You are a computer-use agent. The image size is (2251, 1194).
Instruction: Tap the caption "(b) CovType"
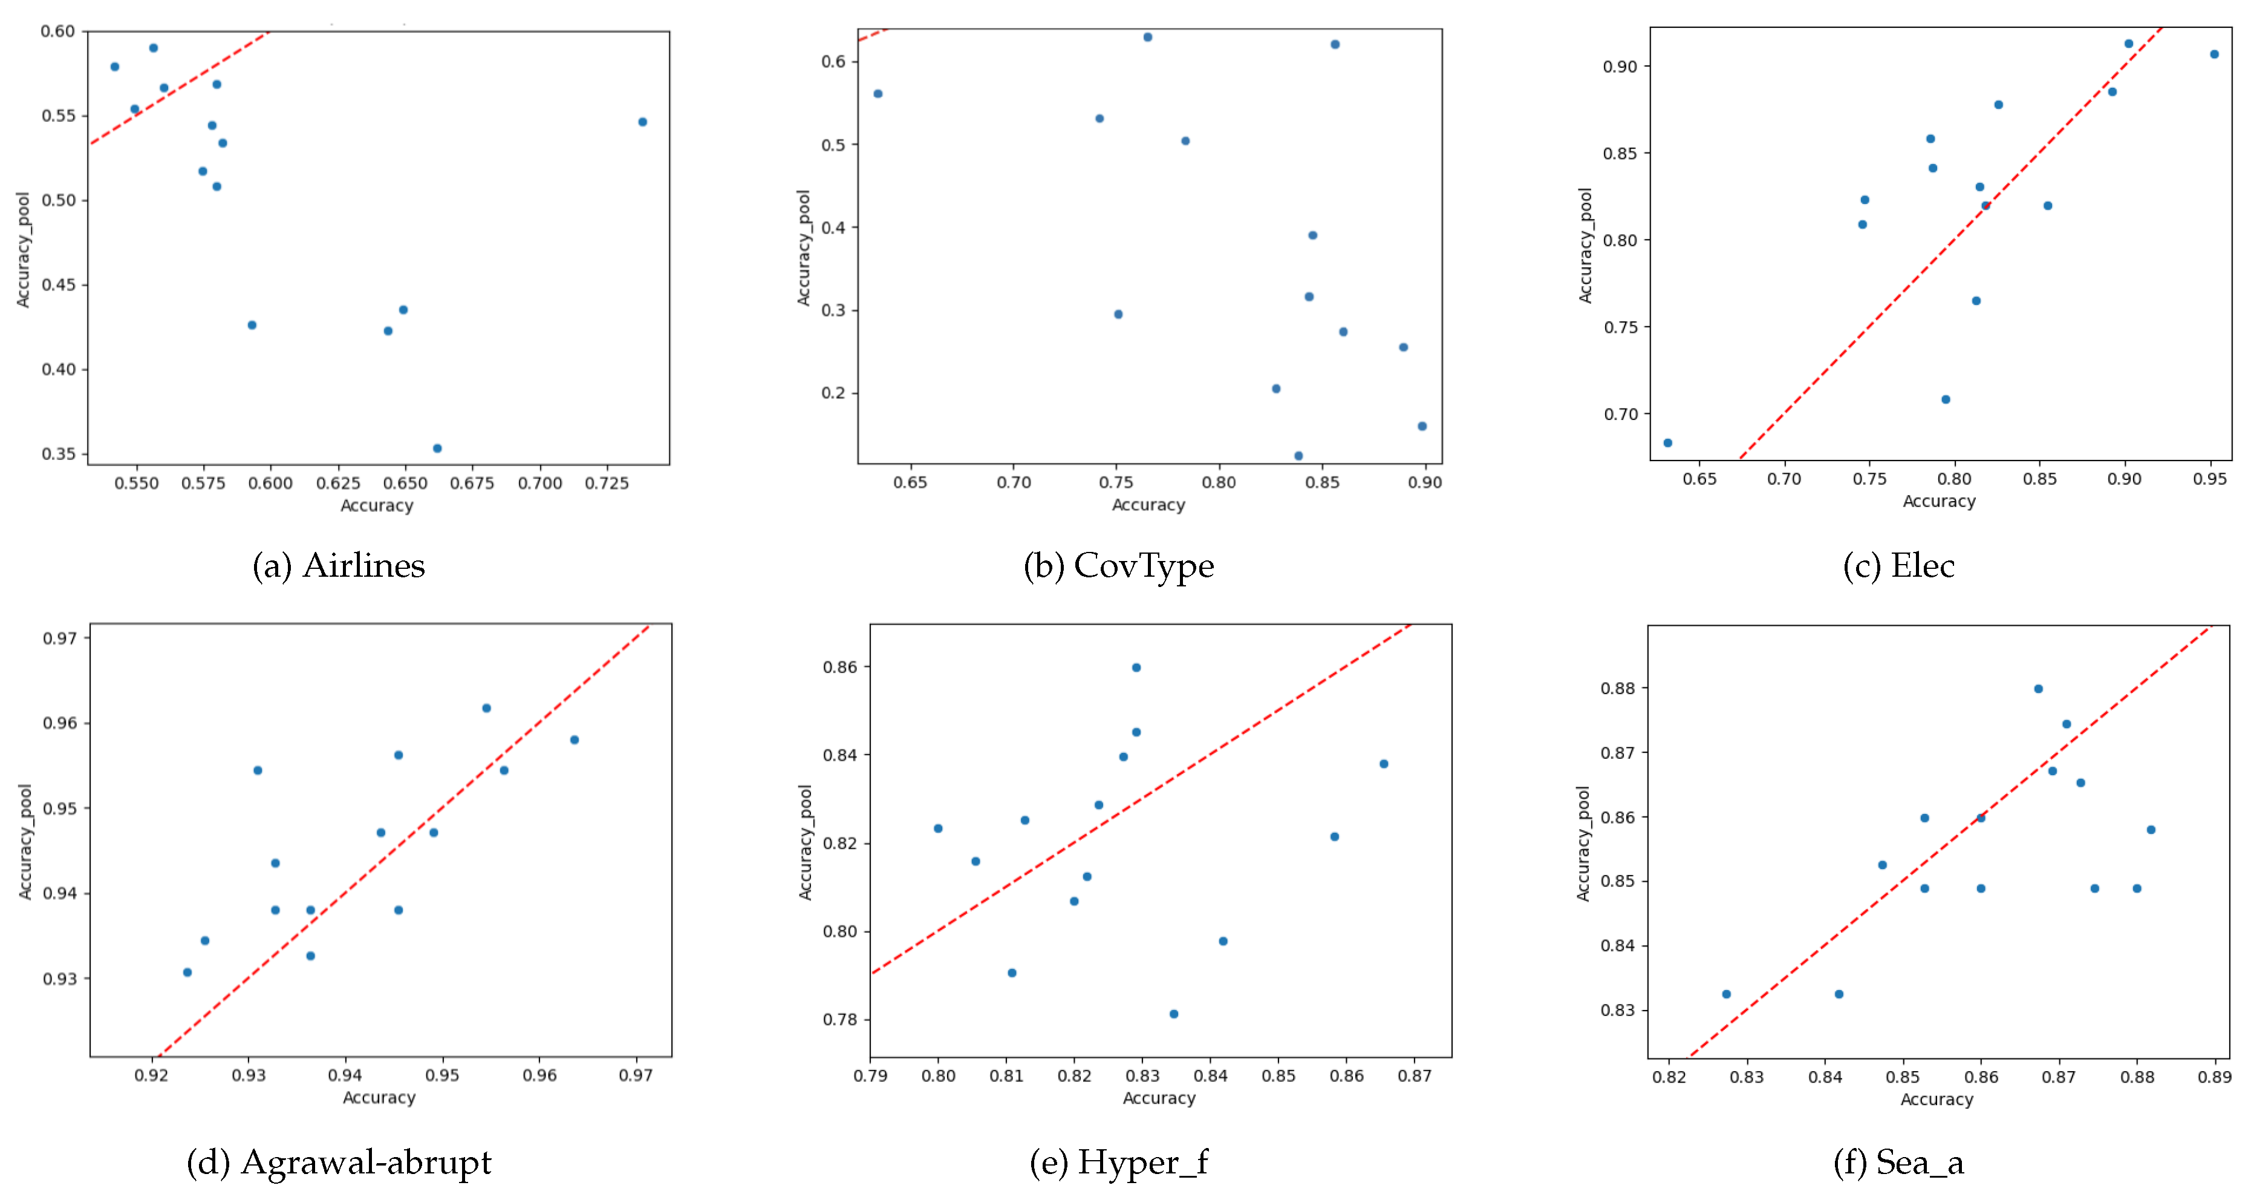coord(1118,566)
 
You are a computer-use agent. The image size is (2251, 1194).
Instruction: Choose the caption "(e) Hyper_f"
coord(1118,1163)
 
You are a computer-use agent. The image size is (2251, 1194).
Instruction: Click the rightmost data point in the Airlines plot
coord(642,122)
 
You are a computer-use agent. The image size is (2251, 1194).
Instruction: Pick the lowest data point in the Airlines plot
coord(437,448)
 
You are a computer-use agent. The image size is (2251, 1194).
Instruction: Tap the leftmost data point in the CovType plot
coord(878,94)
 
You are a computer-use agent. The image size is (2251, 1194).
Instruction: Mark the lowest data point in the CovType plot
coord(1298,456)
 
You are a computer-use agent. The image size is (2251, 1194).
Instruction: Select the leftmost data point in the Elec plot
coord(1667,443)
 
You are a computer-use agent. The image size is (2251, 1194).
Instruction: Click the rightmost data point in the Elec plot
coord(2214,54)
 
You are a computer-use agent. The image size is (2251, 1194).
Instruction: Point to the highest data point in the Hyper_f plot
coord(1136,668)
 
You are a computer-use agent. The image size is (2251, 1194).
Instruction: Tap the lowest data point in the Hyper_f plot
coord(1173,1014)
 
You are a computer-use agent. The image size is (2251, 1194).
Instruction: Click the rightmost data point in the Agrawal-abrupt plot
coord(574,740)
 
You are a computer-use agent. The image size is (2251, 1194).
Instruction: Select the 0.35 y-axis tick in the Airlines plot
coord(59,454)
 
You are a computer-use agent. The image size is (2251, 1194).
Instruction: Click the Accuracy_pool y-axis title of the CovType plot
coord(803,248)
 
